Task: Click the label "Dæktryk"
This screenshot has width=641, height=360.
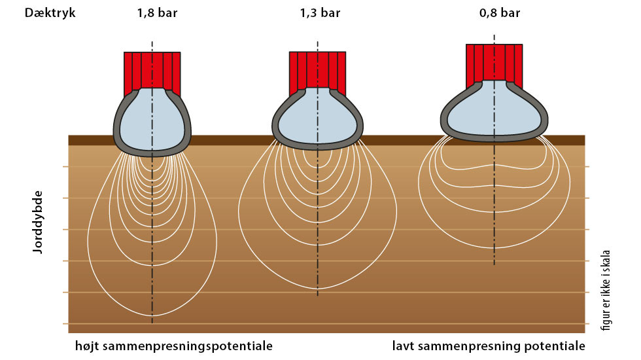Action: click(50, 13)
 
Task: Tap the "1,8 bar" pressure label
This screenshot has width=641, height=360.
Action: click(158, 13)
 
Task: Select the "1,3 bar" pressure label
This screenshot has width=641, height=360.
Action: click(320, 13)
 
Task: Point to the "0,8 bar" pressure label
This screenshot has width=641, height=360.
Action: click(500, 13)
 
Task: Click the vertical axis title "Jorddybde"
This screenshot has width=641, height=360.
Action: click(38, 222)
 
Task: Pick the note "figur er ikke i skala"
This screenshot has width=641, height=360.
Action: click(606, 291)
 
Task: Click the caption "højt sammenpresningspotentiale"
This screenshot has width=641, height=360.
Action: click(174, 346)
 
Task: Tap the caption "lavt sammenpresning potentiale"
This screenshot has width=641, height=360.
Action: click(489, 346)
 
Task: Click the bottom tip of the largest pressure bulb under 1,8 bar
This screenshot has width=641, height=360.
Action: click(152, 315)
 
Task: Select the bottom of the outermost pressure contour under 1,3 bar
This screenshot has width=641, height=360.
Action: click(318, 289)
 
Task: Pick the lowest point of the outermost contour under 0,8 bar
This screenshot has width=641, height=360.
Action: click(494, 248)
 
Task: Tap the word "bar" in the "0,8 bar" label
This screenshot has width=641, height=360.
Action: click(510, 13)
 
